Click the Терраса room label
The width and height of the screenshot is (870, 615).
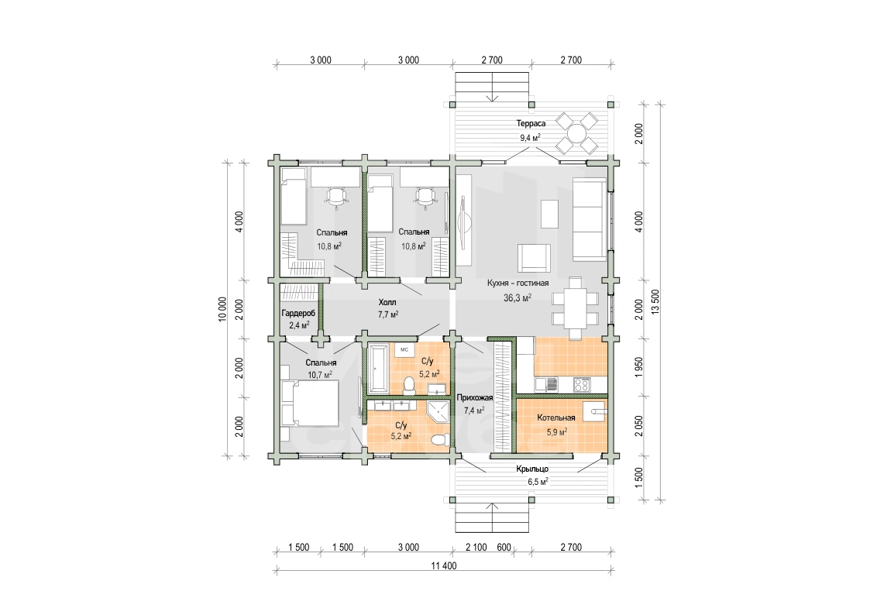(531, 124)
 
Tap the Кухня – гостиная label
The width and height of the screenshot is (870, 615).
(518, 283)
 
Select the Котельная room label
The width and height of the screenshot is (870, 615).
(556, 417)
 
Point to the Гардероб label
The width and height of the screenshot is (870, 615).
(298, 314)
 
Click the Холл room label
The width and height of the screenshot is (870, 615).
(387, 302)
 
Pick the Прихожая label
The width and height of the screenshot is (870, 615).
(474, 397)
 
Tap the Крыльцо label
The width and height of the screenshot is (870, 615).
(532, 469)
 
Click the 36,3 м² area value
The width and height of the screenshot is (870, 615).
(517, 297)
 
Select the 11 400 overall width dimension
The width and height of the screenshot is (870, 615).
(444, 566)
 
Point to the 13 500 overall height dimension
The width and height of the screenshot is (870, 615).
(656, 301)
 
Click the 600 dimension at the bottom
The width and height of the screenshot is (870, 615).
(504, 548)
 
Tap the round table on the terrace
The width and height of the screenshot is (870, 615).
(577, 133)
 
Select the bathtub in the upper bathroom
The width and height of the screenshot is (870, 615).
(379, 368)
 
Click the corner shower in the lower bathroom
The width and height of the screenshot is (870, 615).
(438, 412)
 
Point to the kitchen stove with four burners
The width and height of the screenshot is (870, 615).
(582, 384)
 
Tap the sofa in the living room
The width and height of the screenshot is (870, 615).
(590, 220)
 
